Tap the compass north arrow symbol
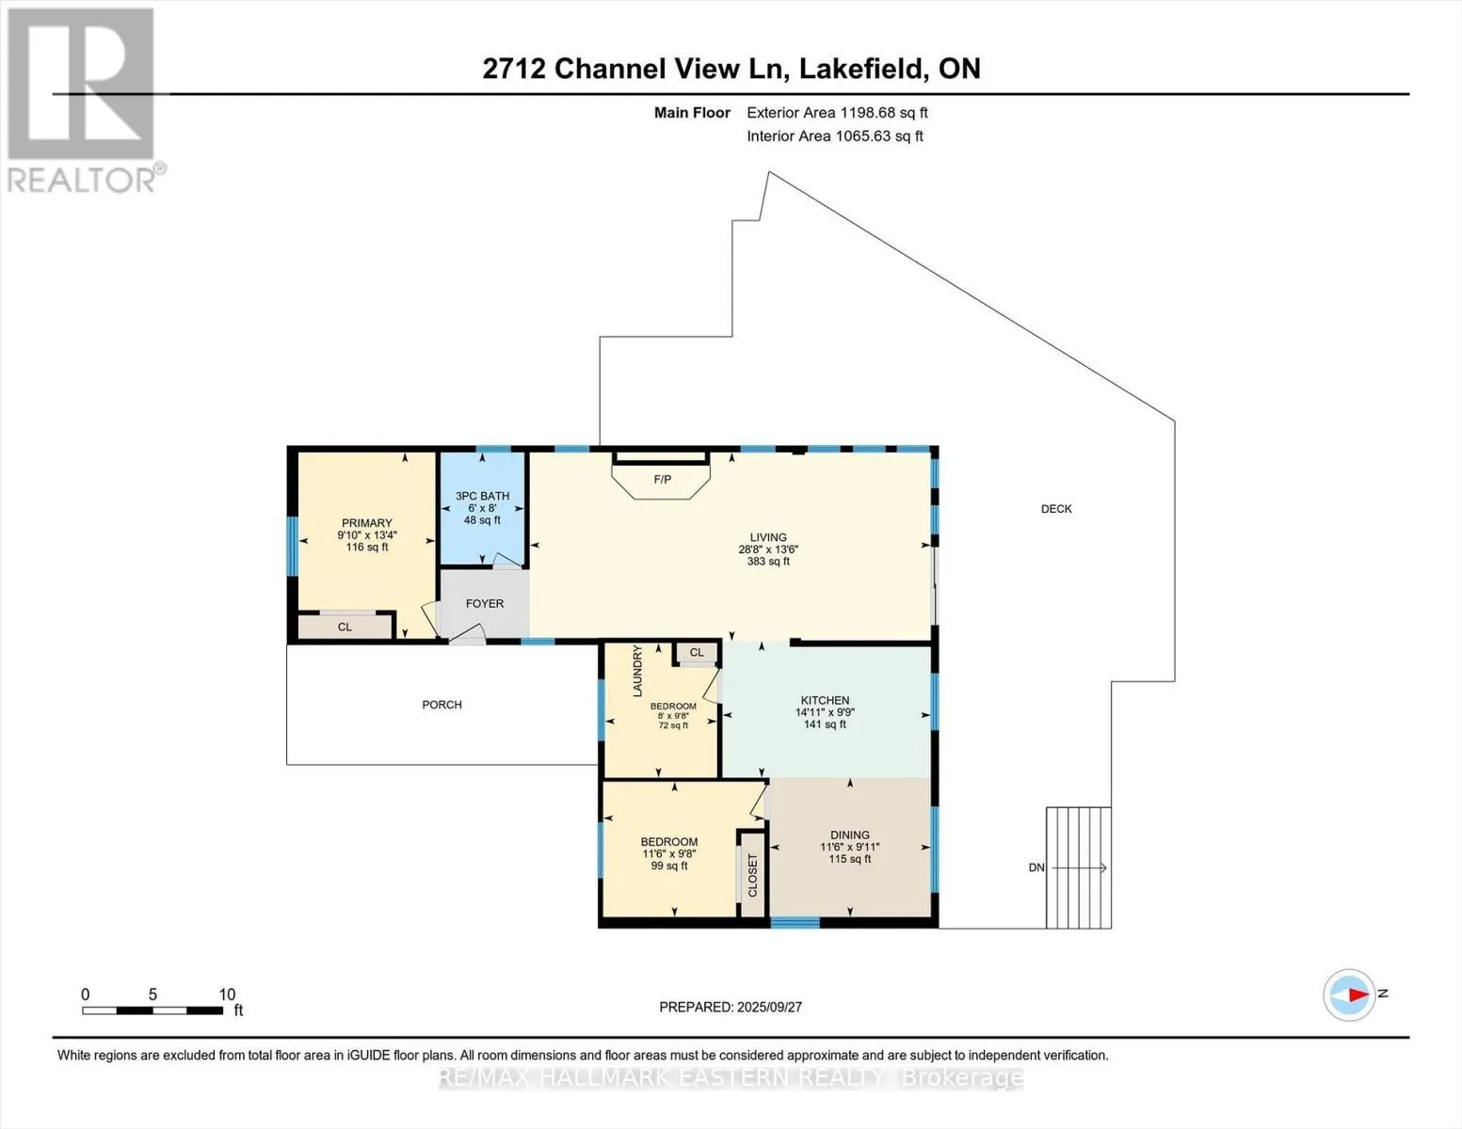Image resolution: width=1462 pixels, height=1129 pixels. click(1349, 994)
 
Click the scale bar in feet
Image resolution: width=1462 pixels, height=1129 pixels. click(153, 1010)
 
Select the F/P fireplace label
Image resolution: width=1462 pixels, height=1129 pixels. click(662, 480)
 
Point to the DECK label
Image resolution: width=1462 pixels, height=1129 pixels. click(1056, 509)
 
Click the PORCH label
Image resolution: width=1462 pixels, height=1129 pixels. click(442, 705)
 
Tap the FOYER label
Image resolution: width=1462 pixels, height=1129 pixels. click(485, 604)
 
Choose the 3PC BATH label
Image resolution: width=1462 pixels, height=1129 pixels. click(482, 496)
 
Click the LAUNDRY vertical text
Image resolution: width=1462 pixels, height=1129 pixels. click(638, 671)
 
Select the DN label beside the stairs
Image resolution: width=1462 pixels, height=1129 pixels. click(1036, 868)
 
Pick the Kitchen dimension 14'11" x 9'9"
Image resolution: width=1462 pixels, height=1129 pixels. click(825, 712)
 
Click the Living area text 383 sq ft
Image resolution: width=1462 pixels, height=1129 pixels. click(768, 561)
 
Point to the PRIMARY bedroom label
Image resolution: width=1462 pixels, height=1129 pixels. click(367, 523)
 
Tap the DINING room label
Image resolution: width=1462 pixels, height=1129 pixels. click(850, 835)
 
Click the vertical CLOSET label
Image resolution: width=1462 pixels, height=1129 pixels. click(752, 875)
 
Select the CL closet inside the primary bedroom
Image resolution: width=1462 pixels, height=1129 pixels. click(345, 628)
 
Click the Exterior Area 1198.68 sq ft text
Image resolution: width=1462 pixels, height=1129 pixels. click(838, 113)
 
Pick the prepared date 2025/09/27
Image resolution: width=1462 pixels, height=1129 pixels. click(769, 1007)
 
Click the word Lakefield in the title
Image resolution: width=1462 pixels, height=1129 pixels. click(861, 69)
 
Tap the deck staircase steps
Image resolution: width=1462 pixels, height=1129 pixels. click(1079, 867)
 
